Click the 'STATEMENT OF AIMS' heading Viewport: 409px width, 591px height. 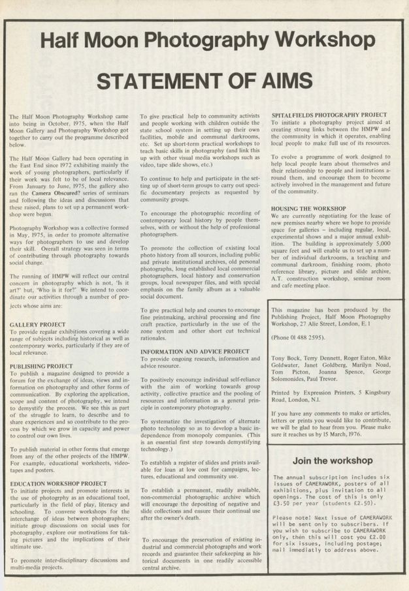(x=204, y=81)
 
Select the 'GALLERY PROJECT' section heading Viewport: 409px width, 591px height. (x=37, y=324)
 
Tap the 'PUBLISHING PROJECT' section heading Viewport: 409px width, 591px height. (x=41, y=367)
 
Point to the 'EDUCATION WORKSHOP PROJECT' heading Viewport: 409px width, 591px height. (x=59, y=483)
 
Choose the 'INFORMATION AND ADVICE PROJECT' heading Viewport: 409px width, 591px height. (x=195, y=352)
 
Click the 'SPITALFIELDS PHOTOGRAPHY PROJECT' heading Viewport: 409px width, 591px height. (x=329, y=115)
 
